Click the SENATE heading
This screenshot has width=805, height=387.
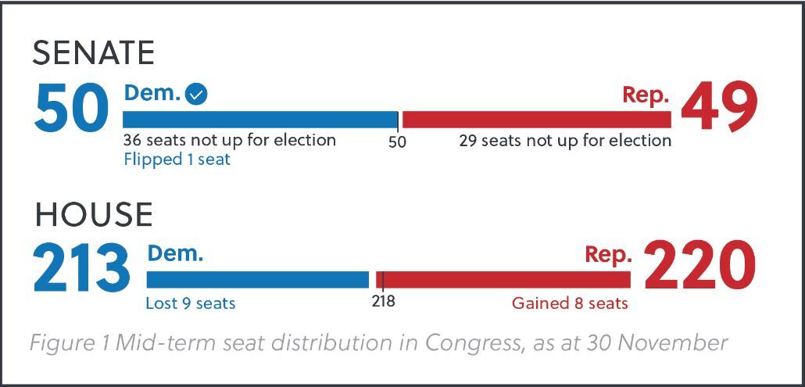[93, 53]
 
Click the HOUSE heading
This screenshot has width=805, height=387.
[93, 214]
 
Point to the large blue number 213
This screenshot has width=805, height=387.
[81, 268]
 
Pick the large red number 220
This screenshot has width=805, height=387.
[699, 268]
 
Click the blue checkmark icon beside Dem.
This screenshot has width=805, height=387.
[197, 95]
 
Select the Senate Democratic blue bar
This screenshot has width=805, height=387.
[259, 120]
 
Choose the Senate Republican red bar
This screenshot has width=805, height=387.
[536, 120]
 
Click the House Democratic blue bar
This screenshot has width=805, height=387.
[257, 279]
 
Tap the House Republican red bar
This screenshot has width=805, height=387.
[504, 279]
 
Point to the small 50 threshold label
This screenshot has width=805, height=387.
[397, 142]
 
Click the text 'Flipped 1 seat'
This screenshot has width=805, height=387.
[177, 159]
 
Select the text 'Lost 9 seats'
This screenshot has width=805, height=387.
[190, 303]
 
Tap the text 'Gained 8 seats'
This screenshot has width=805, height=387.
[570, 303]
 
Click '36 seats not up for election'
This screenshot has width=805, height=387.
[230, 140]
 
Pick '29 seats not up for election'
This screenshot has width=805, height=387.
[565, 141]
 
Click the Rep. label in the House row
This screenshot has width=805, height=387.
[608, 255]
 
